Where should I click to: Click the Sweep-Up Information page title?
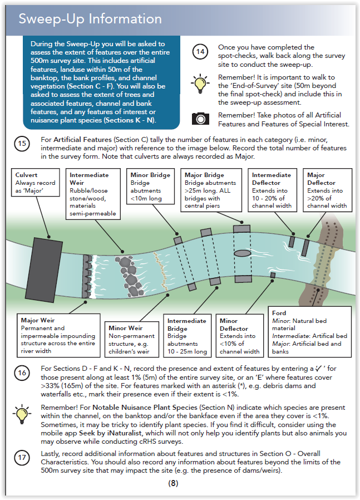pos(90,19)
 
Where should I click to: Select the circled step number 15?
pos(22,144)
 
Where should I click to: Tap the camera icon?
pos(200,118)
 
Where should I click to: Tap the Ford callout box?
pos(309,332)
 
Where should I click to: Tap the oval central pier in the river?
pos(243,253)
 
